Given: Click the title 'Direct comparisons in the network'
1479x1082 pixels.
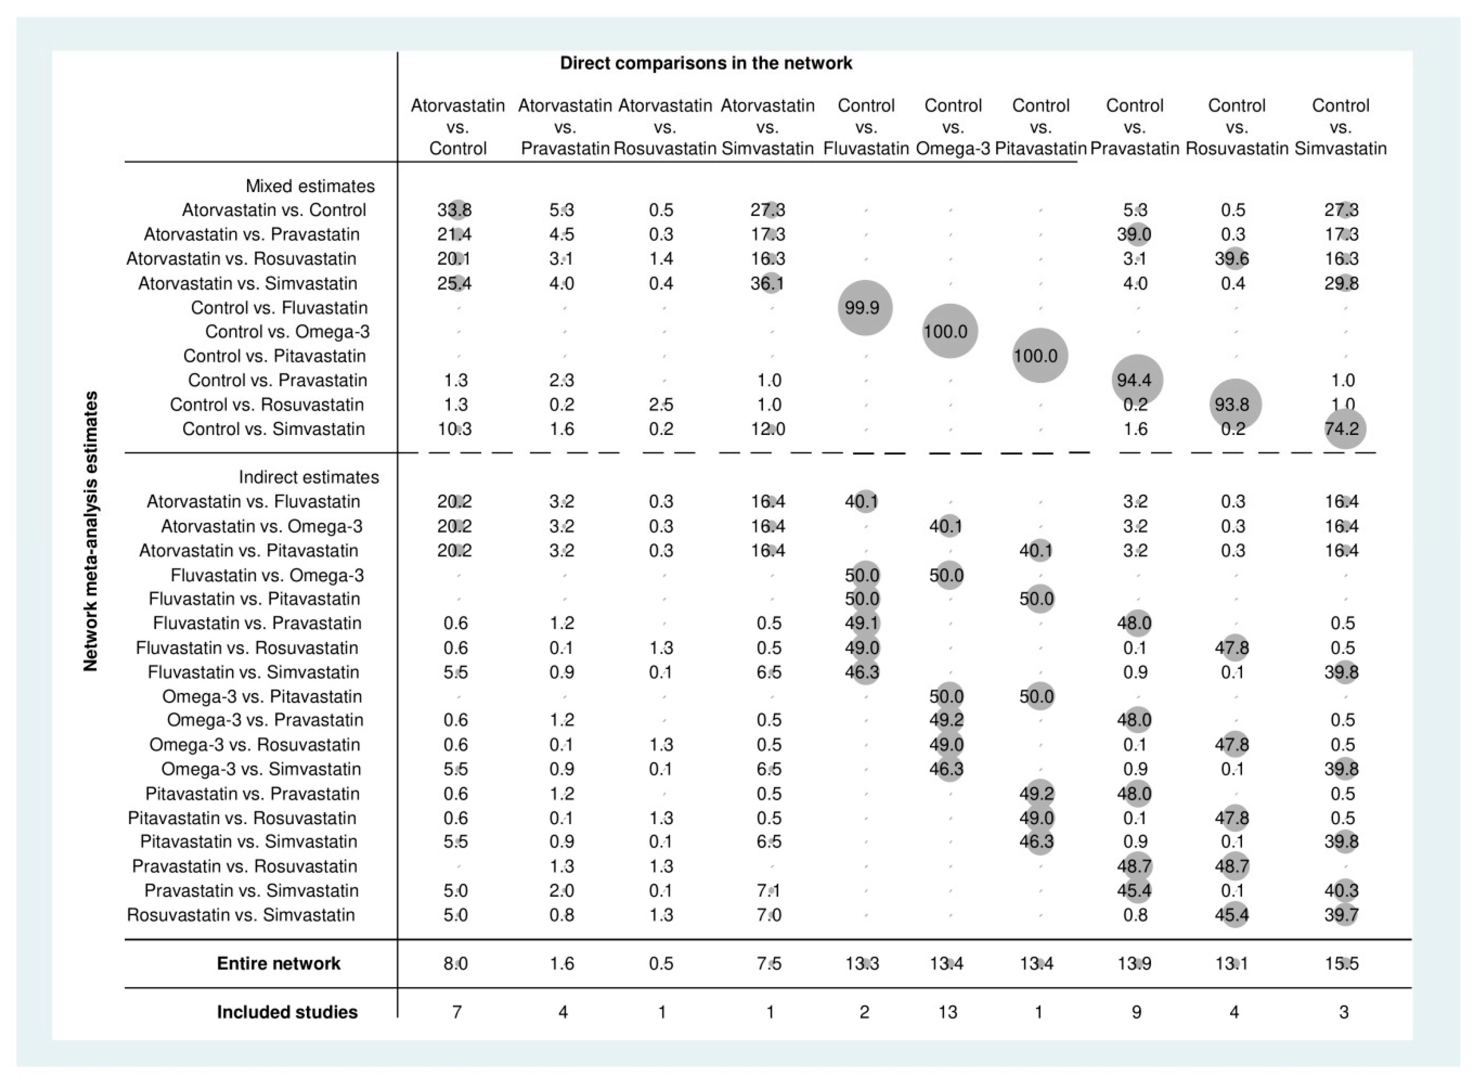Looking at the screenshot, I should (706, 63).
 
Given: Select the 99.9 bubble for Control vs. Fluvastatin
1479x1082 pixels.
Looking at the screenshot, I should (864, 308).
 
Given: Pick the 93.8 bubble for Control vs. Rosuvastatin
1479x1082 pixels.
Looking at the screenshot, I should (1234, 405).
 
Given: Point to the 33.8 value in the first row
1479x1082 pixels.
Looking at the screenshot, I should (455, 210).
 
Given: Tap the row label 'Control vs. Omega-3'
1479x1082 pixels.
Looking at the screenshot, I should (287, 332).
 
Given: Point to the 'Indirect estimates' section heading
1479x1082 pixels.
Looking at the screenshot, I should (309, 477).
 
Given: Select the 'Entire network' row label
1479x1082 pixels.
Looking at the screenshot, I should (279, 963).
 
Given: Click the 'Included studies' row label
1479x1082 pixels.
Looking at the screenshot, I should (287, 1012).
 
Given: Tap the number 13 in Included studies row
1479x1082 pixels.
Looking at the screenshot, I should (947, 1012).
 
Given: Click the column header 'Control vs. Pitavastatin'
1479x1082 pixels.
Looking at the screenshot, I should (1040, 127).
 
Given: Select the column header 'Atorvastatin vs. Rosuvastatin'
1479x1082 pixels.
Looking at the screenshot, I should (665, 127).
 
